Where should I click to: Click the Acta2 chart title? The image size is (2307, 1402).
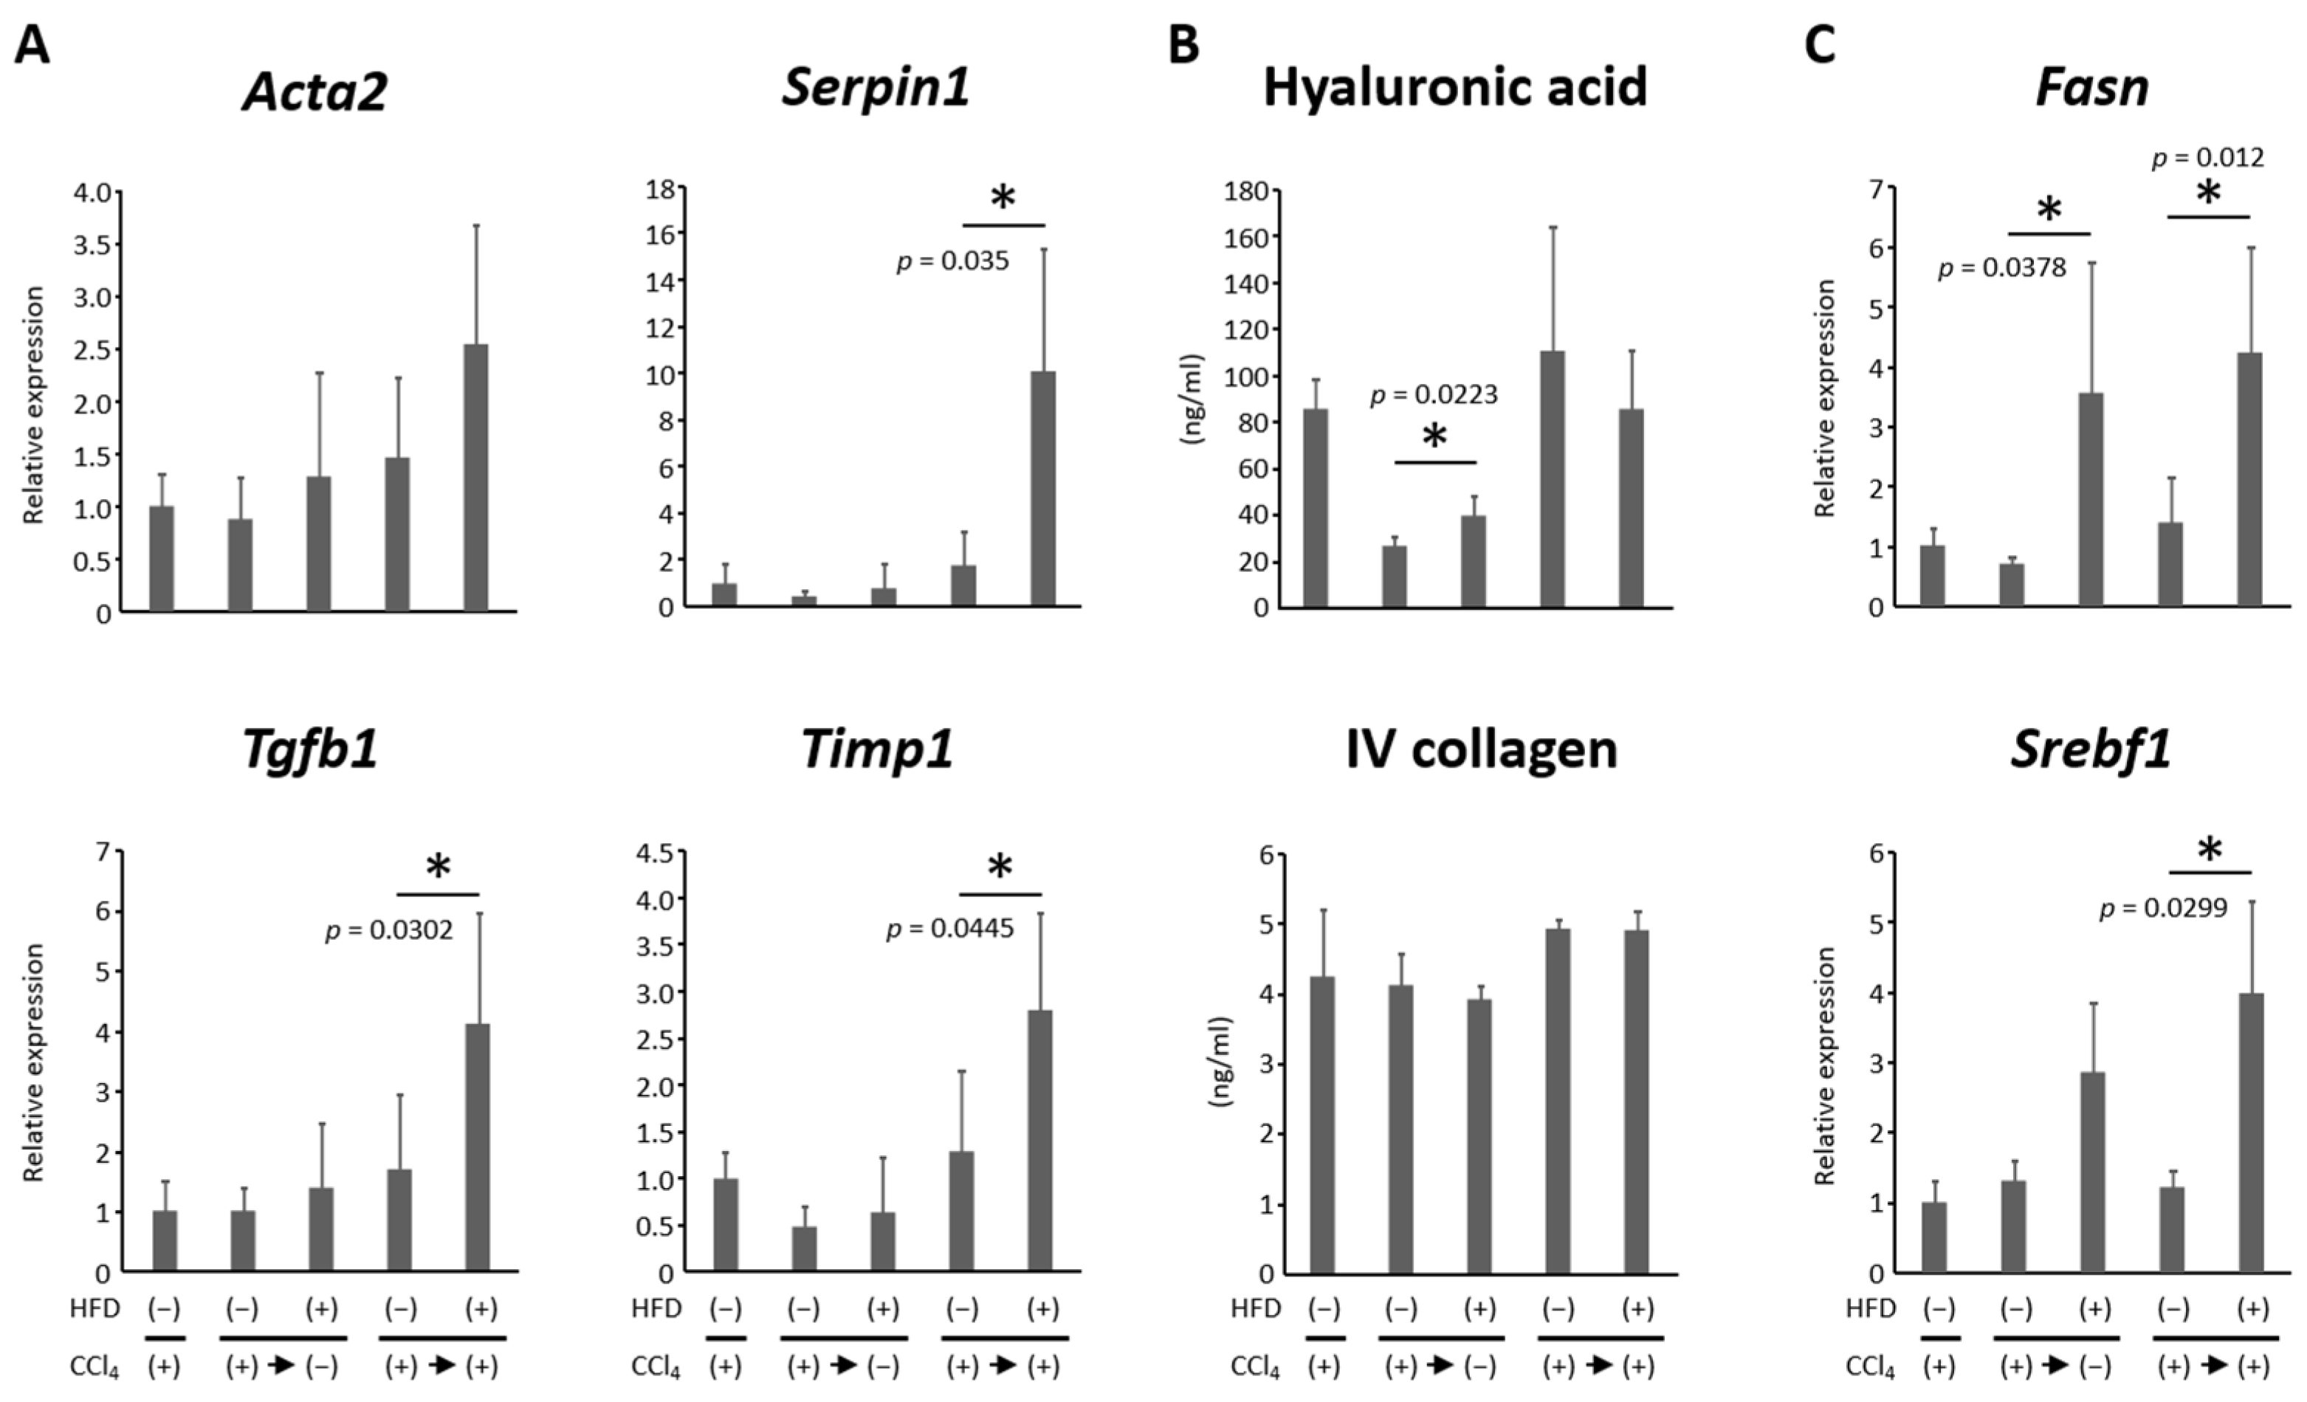point(314,92)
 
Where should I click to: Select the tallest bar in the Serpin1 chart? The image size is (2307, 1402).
point(1042,487)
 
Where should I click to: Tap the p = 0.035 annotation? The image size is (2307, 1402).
point(952,261)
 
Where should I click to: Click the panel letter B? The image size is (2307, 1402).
point(1183,45)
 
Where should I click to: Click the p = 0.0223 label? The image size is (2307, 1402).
point(1434,395)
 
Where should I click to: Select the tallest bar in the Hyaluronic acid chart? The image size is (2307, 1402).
point(1552,478)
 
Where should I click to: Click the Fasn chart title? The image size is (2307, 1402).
point(2091,88)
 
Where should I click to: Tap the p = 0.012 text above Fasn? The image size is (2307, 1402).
point(2208,157)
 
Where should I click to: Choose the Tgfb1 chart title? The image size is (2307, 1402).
point(310,749)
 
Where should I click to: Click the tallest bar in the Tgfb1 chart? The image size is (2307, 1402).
point(478,1147)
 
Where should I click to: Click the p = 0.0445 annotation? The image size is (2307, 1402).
point(949,929)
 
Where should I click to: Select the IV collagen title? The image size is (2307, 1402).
point(1480,749)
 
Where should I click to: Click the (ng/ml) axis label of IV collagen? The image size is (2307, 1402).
point(1220,1062)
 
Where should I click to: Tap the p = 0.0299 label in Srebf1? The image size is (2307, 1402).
point(2164,907)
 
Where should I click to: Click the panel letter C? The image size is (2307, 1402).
point(1819,45)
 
